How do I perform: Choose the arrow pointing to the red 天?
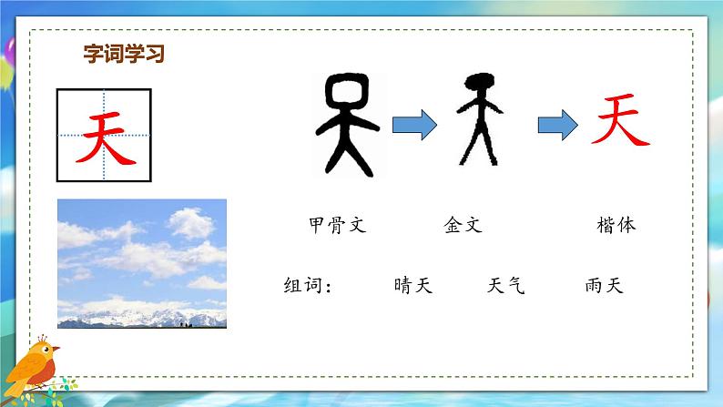pyautogui.click(x=555, y=125)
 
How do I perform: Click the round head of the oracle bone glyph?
pyautogui.click(x=346, y=92)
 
